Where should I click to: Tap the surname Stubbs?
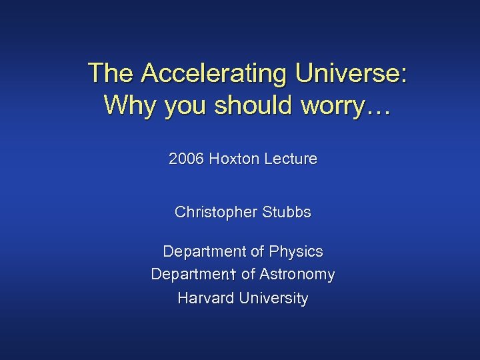coord(287,213)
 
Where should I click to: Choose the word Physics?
coord(296,252)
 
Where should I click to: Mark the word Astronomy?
coord(297,275)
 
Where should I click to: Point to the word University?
coord(273,298)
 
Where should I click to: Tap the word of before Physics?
coord(257,252)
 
